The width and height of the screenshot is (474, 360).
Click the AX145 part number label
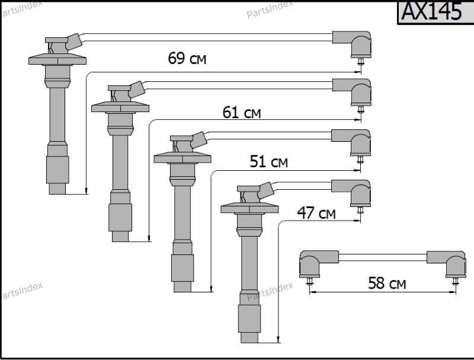pos(431,11)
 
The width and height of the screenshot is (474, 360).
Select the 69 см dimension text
pos(187,58)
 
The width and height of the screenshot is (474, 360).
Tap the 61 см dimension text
pos(242,112)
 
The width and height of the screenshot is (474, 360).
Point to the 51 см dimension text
pos(268,161)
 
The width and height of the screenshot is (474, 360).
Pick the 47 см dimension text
pos(316,213)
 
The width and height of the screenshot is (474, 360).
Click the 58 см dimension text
pos(387,283)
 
